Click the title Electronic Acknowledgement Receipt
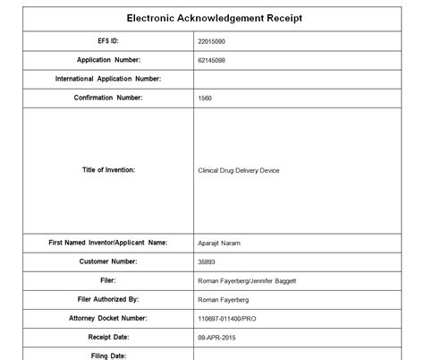[216, 17]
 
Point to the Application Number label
[108, 60]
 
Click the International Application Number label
[108, 79]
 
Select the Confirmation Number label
[108, 98]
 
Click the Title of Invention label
[108, 169]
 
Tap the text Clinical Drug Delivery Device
[239, 170]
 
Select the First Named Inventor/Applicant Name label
[108, 242]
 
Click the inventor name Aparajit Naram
[219, 243]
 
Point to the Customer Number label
[108, 261]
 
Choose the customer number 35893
[208, 262]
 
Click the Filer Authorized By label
[108, 298]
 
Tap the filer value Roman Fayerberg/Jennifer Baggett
[247, 281]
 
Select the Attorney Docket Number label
[108, 317]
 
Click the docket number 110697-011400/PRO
[228, 318]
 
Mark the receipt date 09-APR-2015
[217, 337]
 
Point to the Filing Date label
[108, 355]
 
